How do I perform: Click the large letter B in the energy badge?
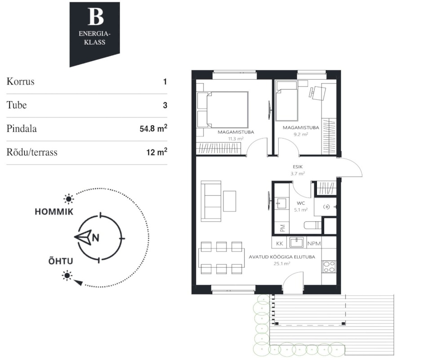point(95,17)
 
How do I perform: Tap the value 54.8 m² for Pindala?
point(153,128)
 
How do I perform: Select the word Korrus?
point(21,81)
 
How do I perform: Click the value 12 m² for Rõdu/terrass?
point(156,152)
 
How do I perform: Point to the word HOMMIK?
point(54,211)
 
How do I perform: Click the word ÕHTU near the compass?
point(61,261)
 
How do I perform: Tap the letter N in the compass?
point(95,238)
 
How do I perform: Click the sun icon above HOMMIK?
point(68,199)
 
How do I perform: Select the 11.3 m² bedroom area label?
point(236,139)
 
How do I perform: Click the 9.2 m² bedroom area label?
point(301,135)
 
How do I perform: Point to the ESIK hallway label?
point(298,166)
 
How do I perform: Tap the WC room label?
point(301,203)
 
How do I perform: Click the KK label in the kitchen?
point(280,243)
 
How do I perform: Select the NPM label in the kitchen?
point(314,243)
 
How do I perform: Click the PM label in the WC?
point(282,228)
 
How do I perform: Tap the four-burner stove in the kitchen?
point(329,267)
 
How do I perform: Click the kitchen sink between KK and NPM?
point(296,242)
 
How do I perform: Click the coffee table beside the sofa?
point(230,201)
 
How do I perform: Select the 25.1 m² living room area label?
point(282,264)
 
